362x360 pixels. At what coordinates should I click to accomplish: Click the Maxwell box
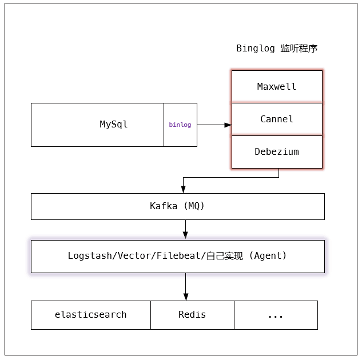277,87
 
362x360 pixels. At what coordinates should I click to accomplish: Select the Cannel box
277,119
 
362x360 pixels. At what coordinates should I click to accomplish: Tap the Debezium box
277,152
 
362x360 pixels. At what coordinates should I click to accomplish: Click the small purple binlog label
180,125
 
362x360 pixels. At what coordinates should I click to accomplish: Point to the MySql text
114,125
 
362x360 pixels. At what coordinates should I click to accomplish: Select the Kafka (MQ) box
177,206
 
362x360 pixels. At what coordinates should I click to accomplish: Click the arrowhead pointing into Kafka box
183,189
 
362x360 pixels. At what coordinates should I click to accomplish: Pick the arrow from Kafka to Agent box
185,229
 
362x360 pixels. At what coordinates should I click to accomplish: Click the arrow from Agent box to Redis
185,286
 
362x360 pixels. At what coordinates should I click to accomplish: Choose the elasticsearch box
91,315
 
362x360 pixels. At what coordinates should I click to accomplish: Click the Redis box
192,315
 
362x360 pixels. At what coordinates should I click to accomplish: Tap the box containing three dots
276,315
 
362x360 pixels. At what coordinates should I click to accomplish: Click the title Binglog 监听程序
277,49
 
